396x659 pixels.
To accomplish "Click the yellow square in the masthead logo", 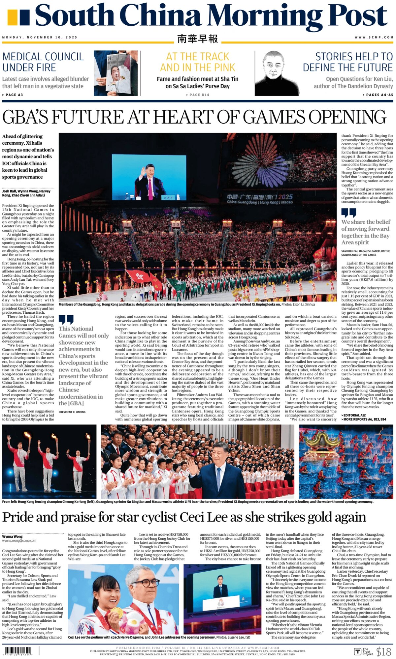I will (x=12, y=17).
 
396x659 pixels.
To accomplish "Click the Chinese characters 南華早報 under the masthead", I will (x=197, y=39).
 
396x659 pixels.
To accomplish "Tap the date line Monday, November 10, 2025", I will (x=40, y=37).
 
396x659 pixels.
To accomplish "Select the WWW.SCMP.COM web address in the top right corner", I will (x=374, y=37).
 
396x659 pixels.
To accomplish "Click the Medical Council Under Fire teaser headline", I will (x=43, y=62).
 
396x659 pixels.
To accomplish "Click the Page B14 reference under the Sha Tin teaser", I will (x=197, y=95).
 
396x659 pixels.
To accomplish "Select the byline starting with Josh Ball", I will (x=26, y=193).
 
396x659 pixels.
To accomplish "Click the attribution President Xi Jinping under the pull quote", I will (x=72, y=412).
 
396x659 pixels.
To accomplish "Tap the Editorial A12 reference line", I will (x=353, y=415).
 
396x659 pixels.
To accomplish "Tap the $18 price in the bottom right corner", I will (x=383, y=651).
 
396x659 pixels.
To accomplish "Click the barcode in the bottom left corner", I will (x=18, y=651).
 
